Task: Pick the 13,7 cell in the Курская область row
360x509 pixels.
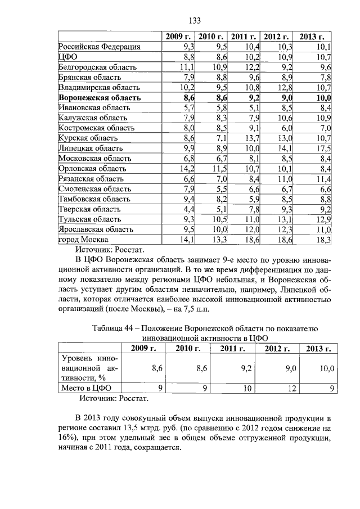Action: (251, 138)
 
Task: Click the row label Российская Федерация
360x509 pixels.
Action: (99, 47)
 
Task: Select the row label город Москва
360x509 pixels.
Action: (85, 240)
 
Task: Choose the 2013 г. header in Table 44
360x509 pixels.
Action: (318, 349)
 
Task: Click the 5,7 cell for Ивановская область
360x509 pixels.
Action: (188, 107)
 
